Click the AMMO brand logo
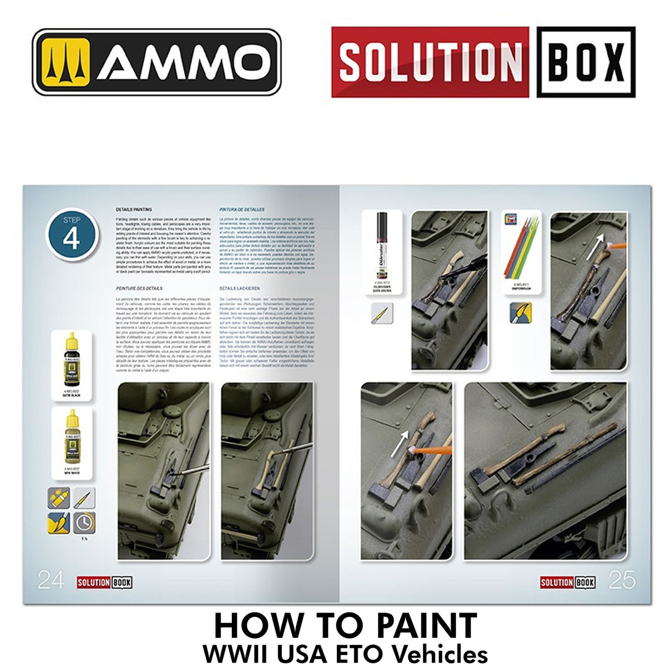coord(157,62)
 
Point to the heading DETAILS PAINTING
coord(134,210)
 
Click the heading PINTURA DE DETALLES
coord(241,210)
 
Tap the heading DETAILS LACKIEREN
coord(240,288)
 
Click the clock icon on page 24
coord(84,522)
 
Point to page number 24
coord(51,580)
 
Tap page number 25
coord(621,580)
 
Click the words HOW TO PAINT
coord(345,625)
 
